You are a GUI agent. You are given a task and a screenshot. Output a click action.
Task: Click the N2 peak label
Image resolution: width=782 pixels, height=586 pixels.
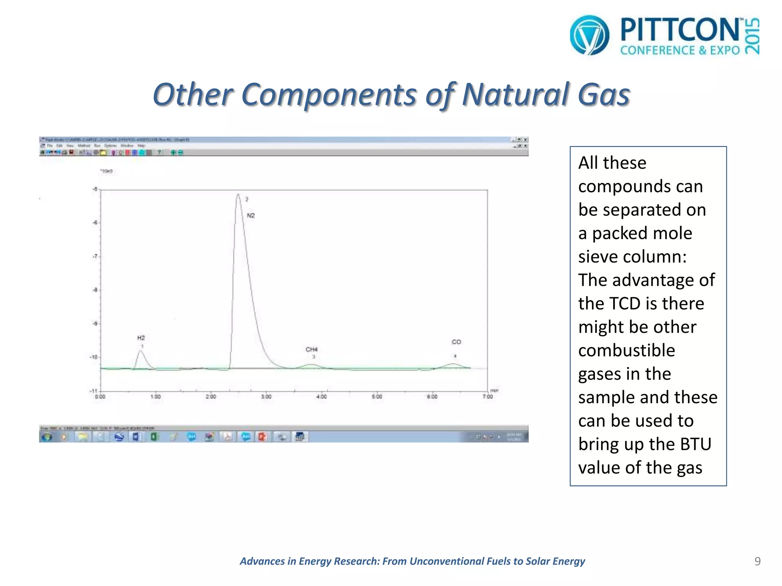coord(250,216)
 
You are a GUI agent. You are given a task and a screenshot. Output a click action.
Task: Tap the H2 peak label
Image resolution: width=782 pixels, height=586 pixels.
coord(141,338)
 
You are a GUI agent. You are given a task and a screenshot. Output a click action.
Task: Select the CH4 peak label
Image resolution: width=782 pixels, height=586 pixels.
coord(312,349)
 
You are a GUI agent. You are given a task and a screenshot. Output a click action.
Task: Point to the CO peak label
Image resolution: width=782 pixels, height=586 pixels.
coord(456,342)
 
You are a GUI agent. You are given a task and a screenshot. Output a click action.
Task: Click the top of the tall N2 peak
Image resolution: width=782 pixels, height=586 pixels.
coord(238,194)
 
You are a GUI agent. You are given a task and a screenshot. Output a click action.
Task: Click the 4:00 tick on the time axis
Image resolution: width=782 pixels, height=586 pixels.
coord(322,396)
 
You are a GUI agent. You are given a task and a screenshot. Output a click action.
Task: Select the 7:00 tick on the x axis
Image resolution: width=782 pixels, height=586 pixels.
coord(488,396)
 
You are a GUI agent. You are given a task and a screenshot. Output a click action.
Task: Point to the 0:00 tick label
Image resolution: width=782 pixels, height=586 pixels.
coord(100,397)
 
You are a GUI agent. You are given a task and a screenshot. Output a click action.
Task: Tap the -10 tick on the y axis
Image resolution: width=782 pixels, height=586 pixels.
coord(94,357)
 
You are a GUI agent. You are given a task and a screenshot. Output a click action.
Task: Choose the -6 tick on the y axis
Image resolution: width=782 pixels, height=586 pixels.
coord(95,223)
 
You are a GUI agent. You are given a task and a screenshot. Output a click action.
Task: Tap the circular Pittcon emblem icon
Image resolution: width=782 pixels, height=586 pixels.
coord(590,35)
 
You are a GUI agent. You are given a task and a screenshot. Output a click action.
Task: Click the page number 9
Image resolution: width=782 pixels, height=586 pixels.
coord(758,561)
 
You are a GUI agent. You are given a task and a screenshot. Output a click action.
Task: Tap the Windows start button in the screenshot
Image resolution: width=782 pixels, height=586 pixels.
coord(47,437)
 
